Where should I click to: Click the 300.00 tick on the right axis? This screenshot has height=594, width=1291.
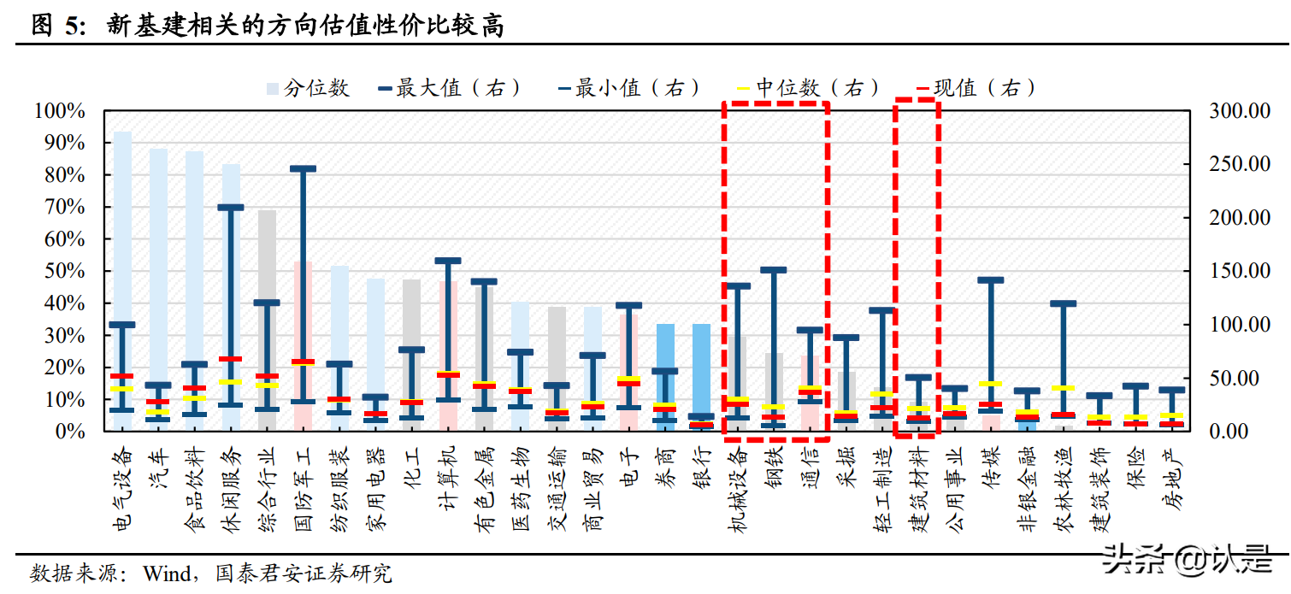pyautogui.click(x=1239, y=111)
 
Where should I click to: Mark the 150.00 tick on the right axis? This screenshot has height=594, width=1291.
pyautogui.click(x=1239, y=272)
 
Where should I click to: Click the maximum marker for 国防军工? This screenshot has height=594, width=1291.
pyautogui.click(x=304, y=168)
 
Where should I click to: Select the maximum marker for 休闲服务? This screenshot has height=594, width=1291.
pyautogui.click(x=231, y=207)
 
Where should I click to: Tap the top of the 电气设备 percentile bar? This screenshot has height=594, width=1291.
pyautogui.click(x=123, y=132)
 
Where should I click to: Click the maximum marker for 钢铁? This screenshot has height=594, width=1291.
pyautogui.click(x=774, y=269)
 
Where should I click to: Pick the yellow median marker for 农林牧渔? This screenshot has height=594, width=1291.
pyautogui.click(x=1063, y=388)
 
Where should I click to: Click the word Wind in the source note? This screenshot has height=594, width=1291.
pyautogui.click(x=165, y=572)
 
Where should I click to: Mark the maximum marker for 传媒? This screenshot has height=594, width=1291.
pyautogui.click(x=991, y=279)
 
